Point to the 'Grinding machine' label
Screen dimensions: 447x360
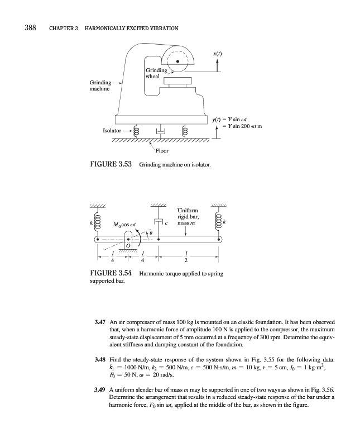pyautogui.click(x=100, y=86)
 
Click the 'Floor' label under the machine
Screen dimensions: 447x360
pyautogui.click(x=164, y=150)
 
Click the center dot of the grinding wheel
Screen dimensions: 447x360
pyautogui.click(x=177, y=61)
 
